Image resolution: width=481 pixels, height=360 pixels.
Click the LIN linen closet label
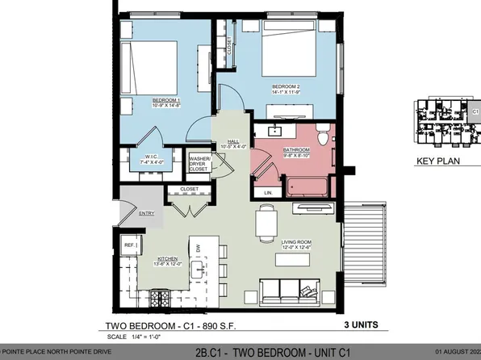pos(268,193)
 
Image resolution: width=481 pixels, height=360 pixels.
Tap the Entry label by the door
pos(146,213)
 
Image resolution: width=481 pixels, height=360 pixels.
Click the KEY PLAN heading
pos(437,161)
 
